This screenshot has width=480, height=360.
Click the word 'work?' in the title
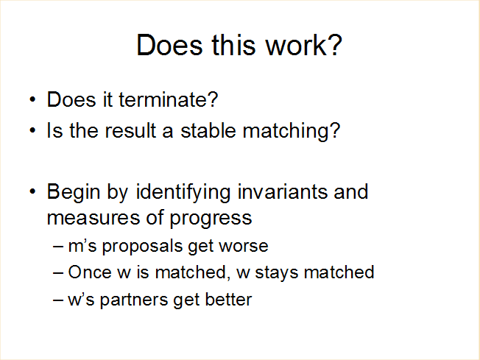(x=303, y=45)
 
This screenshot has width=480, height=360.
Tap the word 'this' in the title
(x=233, y=45)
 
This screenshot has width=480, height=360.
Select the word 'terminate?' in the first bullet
(x=169, y=100)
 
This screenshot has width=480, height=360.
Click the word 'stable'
(x=208, y=131)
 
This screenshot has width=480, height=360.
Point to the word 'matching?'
(x=292, y=132)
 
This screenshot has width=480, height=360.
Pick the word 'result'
(x=131, y=131)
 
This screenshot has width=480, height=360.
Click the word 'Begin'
(x=74, y=193)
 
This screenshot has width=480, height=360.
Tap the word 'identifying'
(x=183, y=193)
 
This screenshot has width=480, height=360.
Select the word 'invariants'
(x=282, y=192)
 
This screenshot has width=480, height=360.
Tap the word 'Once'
(x=90, y=272)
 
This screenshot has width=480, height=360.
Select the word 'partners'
(x=134, y=300)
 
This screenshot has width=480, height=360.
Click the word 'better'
(x=228, y=299)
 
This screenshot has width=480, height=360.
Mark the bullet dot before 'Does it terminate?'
(x=32, y=100)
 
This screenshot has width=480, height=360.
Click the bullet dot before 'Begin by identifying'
(x=32, y=192)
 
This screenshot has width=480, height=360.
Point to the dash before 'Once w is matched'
(x=58, y=272)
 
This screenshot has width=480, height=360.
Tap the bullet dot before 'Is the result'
(x=32, y=131)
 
